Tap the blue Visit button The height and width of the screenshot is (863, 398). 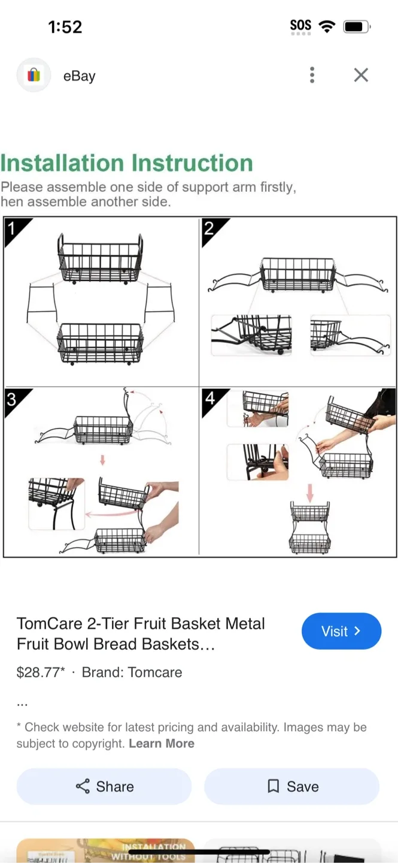[341, 631]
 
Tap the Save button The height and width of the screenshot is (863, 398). [292, 786]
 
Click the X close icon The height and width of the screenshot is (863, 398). [361, 75]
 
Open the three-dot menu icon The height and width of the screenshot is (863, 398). [312, 75]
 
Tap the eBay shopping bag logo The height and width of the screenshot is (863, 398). [34, 75]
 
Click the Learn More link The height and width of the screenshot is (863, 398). [162, 744]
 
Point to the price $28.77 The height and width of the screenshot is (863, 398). [40, 672]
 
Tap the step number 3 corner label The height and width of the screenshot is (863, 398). [13, 399]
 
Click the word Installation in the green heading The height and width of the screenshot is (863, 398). [62, 163]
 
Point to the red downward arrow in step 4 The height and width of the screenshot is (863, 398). [310, 493]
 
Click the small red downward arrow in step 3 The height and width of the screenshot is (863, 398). [102, 460]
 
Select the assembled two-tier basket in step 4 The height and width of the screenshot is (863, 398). [310, 527]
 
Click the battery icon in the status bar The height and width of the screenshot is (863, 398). [356, 27]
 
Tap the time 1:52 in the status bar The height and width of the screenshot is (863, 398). [65, 27]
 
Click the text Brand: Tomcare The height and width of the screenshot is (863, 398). [132, 672]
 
